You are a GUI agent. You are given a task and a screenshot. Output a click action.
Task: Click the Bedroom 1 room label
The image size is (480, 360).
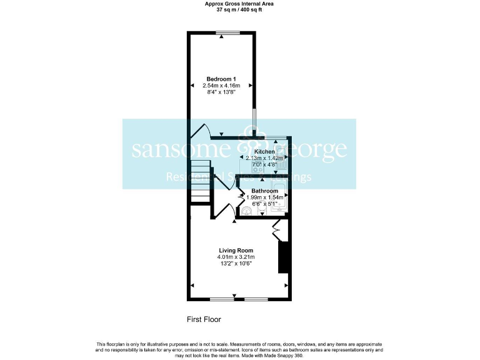[221, 79]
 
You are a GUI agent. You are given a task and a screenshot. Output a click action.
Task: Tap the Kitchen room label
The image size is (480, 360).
[264, 152]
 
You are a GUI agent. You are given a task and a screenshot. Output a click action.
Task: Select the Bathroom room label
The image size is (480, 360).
[264, 191]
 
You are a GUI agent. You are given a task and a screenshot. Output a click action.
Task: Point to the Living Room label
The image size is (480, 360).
[236, 250]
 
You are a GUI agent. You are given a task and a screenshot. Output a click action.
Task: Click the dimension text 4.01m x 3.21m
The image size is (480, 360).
[236, 257]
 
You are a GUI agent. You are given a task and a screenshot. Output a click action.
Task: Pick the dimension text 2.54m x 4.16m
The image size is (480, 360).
[221, 85]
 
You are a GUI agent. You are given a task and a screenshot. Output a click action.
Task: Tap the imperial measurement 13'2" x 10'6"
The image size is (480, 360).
[236, 264]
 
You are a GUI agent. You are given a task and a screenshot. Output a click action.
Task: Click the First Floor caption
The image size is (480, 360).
[204, 319]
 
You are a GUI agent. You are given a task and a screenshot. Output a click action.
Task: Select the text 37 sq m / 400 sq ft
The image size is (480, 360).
[239, 10]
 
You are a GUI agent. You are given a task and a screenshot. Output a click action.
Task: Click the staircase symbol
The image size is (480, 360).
[200, 181]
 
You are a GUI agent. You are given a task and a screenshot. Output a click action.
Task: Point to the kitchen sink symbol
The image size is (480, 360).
[281, 150]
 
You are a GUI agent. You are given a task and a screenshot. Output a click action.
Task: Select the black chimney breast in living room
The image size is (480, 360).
[282, 256]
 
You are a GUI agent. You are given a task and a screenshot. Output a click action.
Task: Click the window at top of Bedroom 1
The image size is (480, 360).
[227, 32]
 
